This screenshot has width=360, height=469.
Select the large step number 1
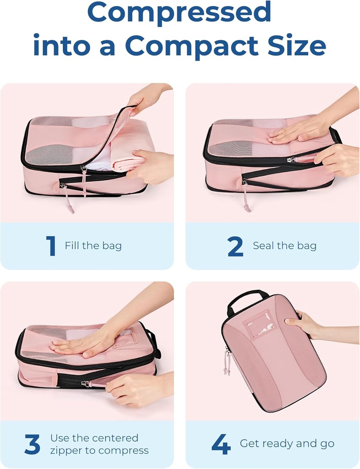coord(51,246)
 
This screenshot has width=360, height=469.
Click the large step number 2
coord(235,246)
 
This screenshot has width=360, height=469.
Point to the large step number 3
coord(32,444)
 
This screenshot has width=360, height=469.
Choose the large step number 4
coord(220,444)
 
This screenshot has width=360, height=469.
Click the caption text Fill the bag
coord(93,246)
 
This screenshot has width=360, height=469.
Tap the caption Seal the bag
coord(284,246)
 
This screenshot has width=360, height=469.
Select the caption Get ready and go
coord(287,444)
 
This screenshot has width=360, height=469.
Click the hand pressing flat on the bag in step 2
coord(298,133)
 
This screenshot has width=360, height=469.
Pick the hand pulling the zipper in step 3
coord(133,389)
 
